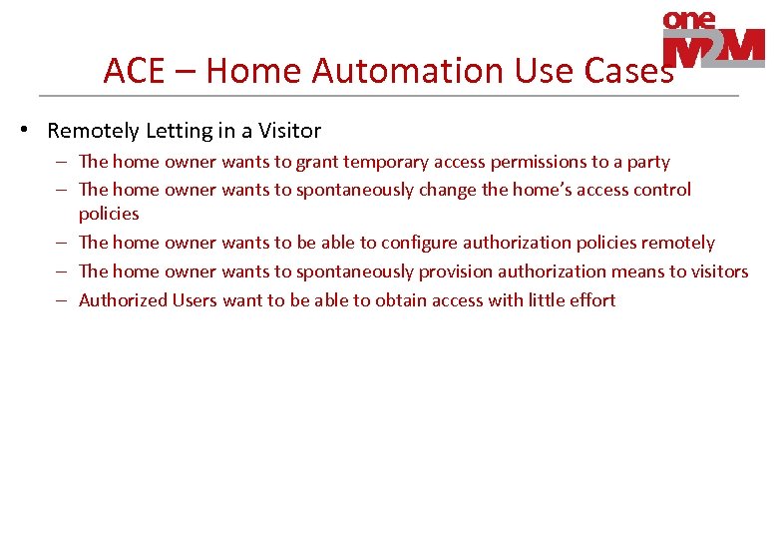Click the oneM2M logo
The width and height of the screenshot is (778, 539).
[x=713, y=41]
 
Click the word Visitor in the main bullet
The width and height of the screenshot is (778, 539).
[x=287, y=131]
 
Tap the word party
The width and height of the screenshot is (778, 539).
[x=647, y=162]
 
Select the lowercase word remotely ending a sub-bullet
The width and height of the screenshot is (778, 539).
[x=677, y=243]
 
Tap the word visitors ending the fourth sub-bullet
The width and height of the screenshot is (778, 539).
[x=716, y=271]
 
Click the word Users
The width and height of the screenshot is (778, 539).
[x=194, y=300]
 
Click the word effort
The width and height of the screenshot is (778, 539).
[x=591, y=300]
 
